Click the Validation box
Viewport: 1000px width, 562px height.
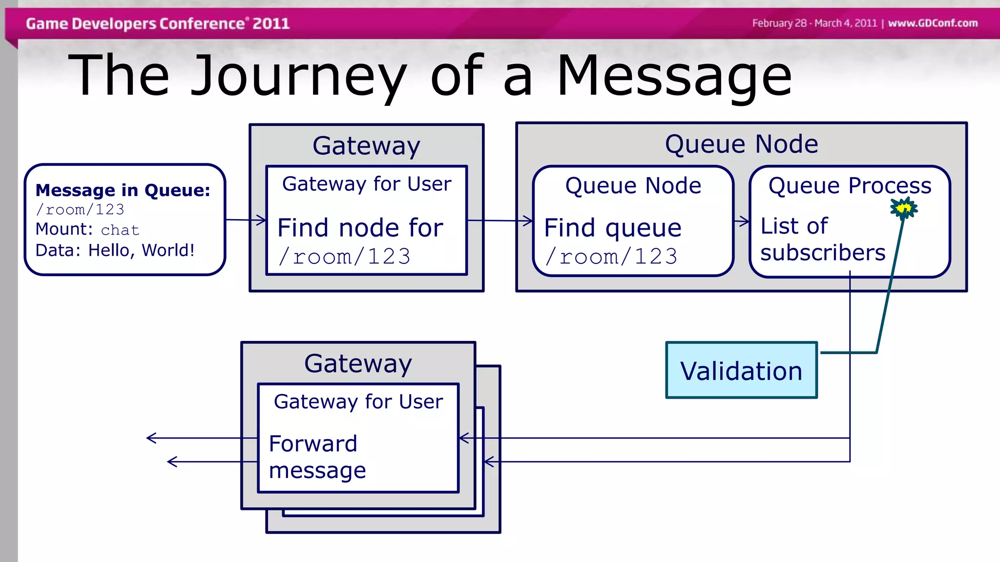(741, 370)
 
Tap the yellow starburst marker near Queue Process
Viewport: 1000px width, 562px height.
(903, 209)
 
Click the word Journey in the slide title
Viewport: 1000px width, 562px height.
(298, 76)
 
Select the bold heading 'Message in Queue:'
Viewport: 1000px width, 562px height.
(123, 190)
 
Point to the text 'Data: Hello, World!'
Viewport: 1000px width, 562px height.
(115, 250)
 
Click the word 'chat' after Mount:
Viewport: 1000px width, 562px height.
(120, 230)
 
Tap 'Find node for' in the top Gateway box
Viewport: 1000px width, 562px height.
(360, 228)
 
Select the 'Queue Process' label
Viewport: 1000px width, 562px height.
(850, 185)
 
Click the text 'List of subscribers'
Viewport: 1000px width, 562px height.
(822, 240)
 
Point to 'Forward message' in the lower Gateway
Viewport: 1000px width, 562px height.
(317, 457)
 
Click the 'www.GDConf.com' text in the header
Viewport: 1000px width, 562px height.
(932, 23)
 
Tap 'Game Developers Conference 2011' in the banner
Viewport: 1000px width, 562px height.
(157, 23)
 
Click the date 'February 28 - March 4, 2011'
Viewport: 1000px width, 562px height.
(814, 23)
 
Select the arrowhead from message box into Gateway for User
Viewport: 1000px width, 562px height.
(262, 220)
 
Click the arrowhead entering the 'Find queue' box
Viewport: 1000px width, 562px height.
(528, 221)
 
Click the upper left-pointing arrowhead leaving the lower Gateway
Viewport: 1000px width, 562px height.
(151, 438)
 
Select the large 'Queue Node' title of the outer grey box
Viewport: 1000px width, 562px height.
(741, 144)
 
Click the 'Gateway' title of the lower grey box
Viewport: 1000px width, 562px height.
(358, 363)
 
